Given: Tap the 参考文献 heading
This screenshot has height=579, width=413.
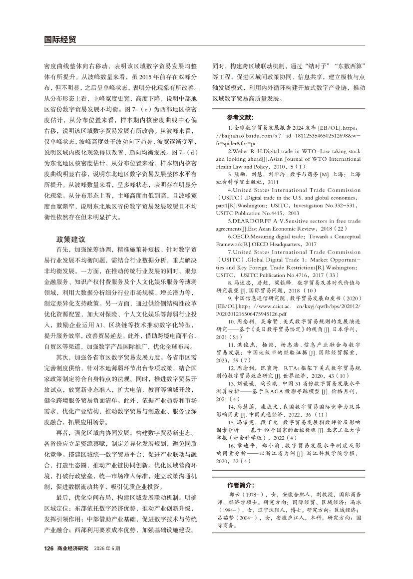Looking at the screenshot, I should [240, 118].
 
